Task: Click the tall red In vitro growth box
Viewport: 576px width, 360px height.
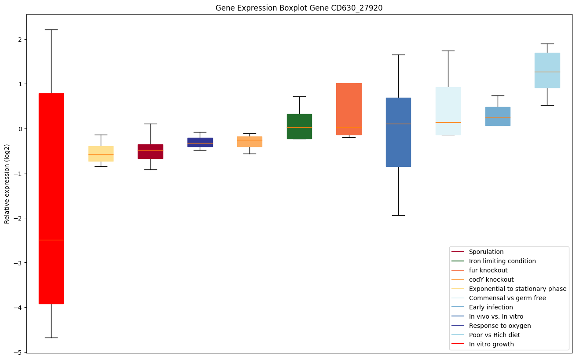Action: [51, 198]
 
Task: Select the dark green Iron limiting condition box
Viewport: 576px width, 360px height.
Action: [299, 126]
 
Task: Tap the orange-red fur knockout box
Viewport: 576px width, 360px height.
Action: [349, 109]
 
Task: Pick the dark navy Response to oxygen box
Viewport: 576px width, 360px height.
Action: [200, 142]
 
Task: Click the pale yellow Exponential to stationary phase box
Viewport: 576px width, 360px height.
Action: [101, 154]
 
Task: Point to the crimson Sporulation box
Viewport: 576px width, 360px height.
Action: [150, 151]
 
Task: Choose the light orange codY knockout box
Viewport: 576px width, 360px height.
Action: [249, 141]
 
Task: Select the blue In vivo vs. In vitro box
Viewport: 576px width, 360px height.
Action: [398, 132]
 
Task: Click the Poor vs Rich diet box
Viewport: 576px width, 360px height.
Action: [547, 70]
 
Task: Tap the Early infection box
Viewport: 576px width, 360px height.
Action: [498, 116]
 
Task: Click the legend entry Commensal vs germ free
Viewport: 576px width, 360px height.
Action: [507, 298]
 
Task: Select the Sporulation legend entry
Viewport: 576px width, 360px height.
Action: [486, 252]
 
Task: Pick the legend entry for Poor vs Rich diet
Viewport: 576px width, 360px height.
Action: [494, 335]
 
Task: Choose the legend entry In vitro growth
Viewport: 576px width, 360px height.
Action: [491, 344]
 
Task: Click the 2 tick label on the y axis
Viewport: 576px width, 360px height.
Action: [20, 39]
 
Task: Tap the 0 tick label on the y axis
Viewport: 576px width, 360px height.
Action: [20, 129]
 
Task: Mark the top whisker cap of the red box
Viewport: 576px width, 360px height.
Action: [51, 29]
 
